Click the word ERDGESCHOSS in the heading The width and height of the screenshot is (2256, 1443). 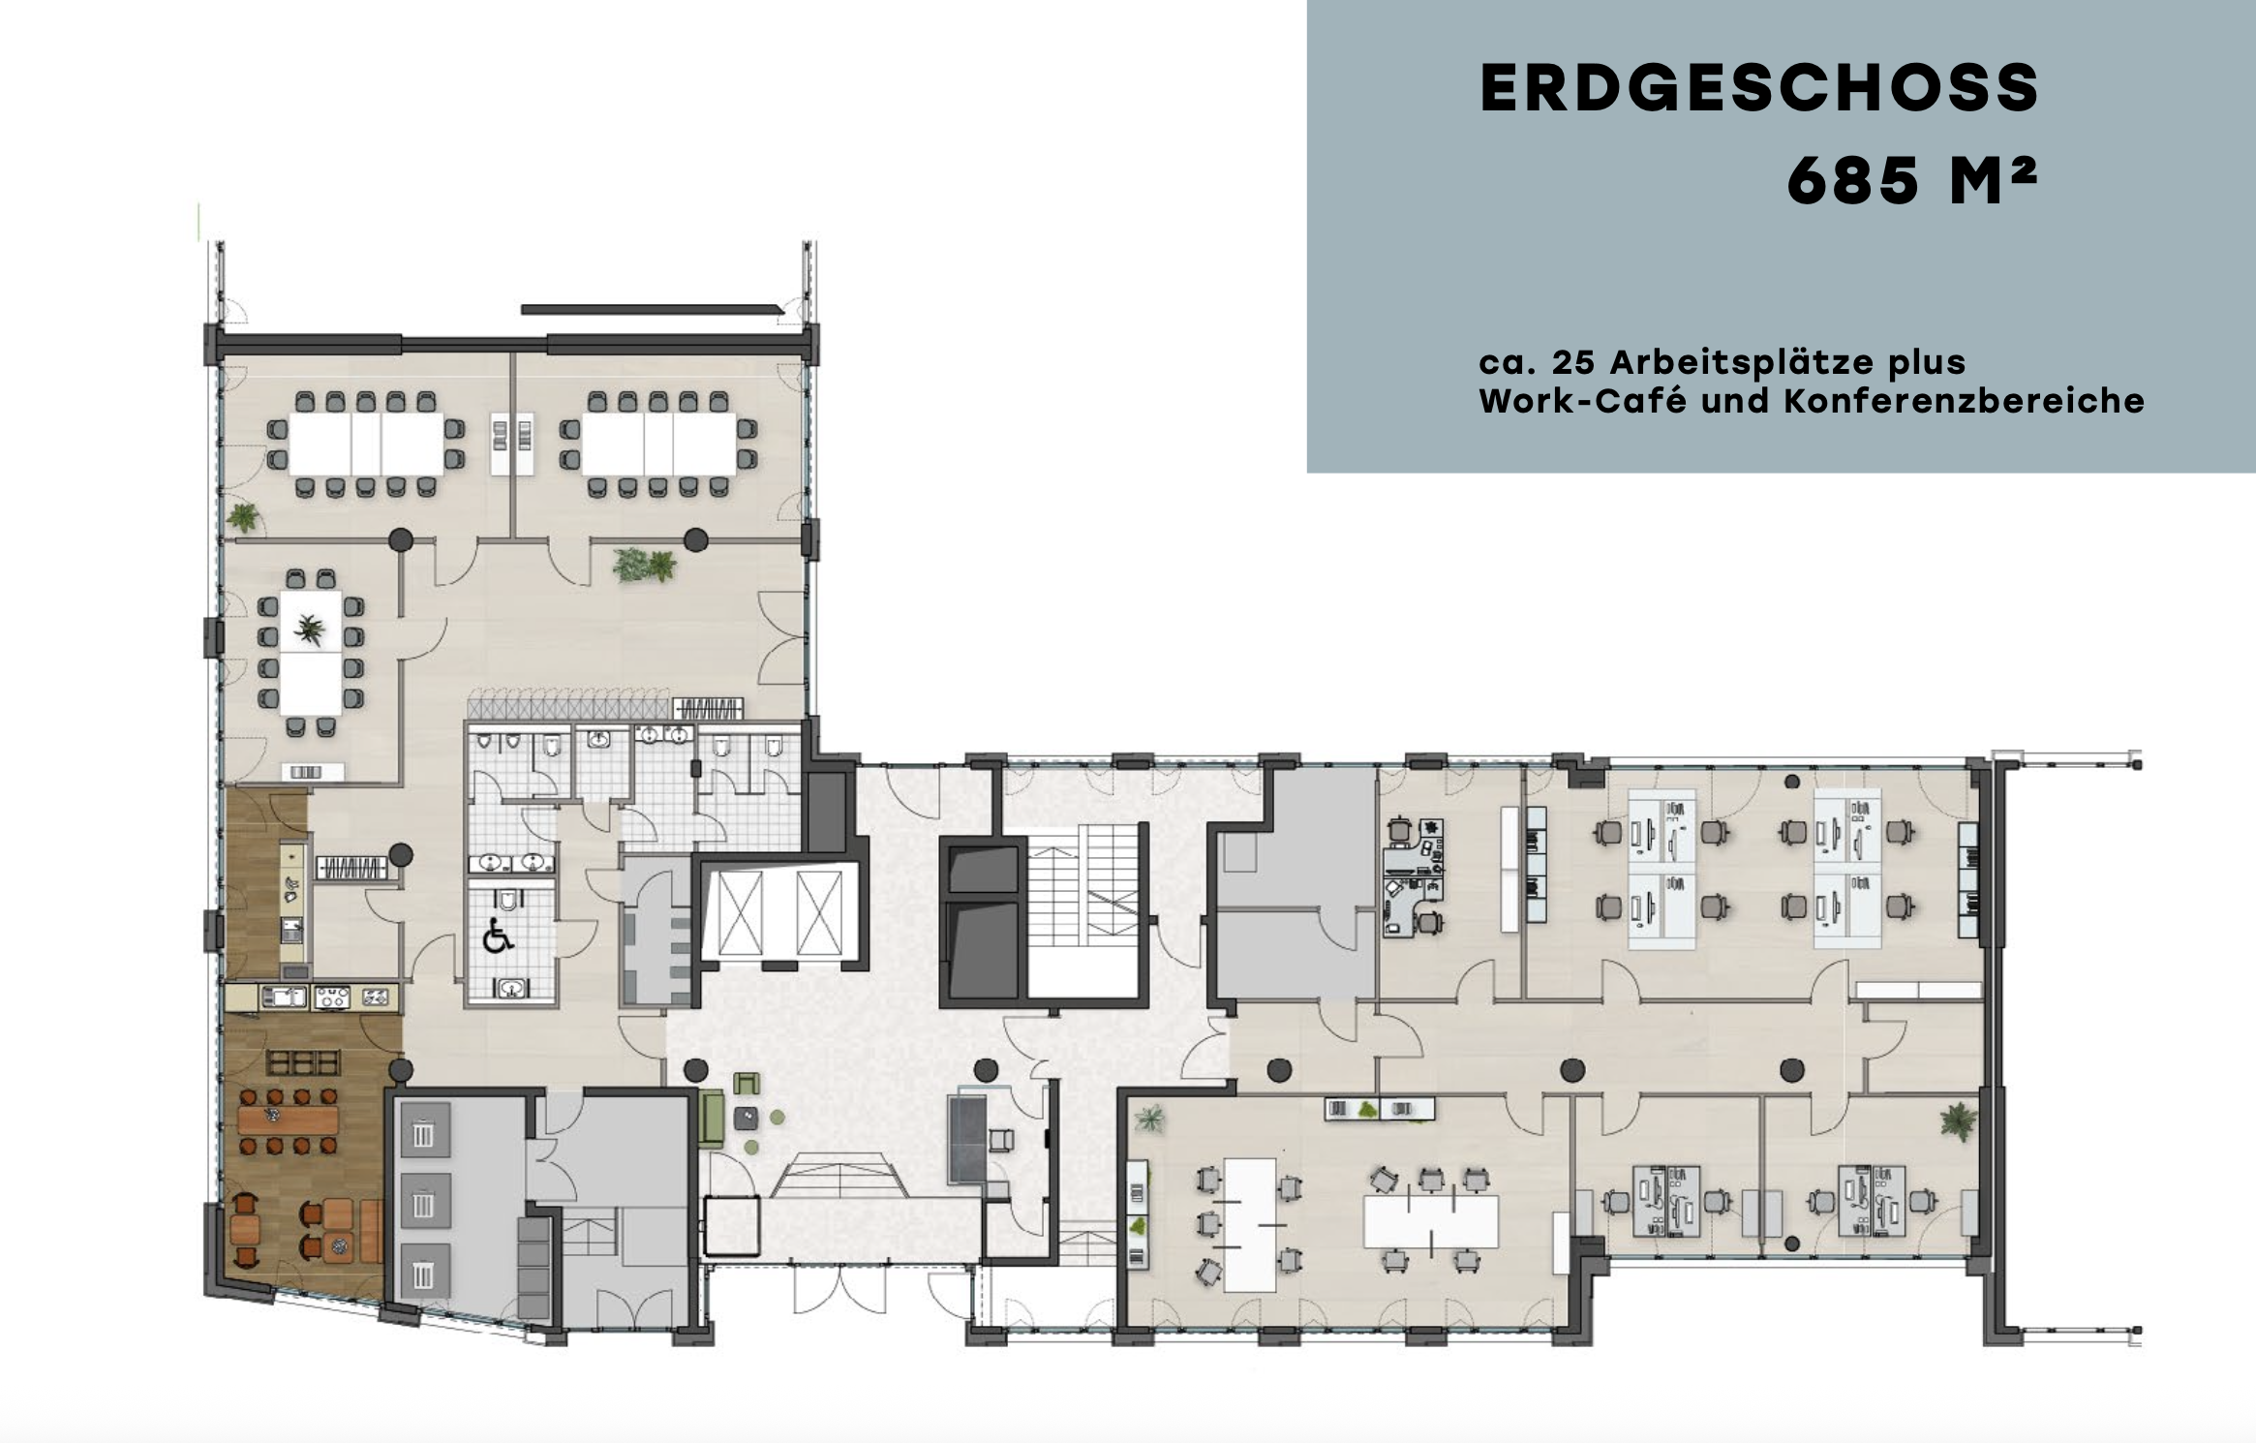(x=1759, y=88)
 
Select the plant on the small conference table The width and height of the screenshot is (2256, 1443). (x=310, y=630)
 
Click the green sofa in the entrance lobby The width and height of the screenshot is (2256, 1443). (x=711, y=1118)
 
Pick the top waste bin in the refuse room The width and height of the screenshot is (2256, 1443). (x=423, y=1133)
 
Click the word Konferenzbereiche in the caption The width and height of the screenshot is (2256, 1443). (x=1964, y=401)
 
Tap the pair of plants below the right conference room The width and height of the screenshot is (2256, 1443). (x=645, y=565)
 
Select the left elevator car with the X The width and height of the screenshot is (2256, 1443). (x=741, y=911)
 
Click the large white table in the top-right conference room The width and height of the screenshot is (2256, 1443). (x=658, y=444)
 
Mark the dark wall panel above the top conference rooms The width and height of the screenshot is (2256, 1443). (x=652, y=310)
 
